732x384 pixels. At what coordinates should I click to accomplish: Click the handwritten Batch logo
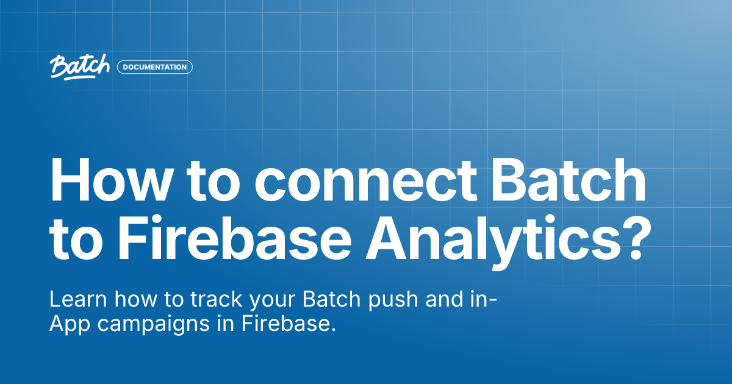(x=79, y=66)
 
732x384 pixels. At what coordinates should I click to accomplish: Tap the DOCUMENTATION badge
(x=155, y=67)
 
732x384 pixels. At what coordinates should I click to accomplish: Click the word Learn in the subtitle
(x=73, y=300)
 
